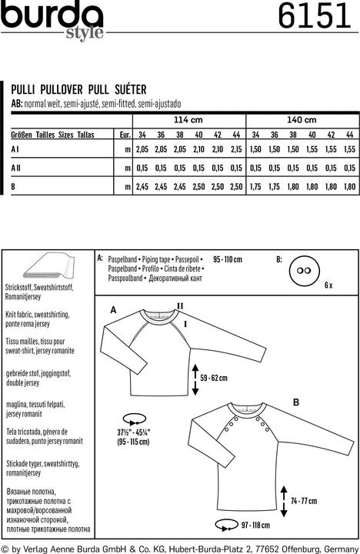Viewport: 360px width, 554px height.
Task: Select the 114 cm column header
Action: click(188, 121)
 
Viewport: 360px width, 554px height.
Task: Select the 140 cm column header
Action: click(302, 121)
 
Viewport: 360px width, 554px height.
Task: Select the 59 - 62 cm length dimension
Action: click(215, 379)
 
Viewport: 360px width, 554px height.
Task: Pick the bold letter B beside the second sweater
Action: click(295, 402)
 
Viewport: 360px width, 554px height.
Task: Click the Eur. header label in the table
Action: click(122, 135)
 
